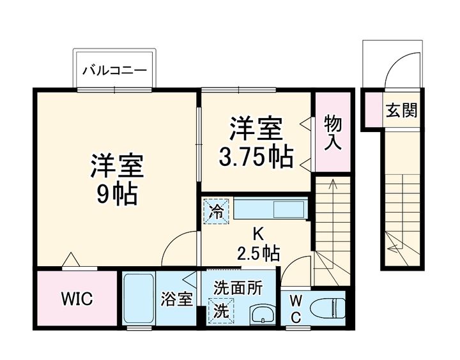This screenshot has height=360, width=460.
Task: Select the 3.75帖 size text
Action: tap(256, 155)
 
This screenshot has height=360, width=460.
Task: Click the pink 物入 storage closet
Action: tap(332, 132)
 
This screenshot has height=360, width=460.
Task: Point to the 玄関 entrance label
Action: tap(401, 110)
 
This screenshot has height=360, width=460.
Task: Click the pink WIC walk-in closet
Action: tap(77, 299)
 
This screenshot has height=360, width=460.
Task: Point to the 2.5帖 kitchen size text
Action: tap(258, 253)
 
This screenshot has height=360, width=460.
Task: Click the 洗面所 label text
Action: tap(238, 288)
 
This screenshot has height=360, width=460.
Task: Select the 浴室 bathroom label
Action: tap(177, 299)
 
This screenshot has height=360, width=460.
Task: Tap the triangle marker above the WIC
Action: tap(70, 259)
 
